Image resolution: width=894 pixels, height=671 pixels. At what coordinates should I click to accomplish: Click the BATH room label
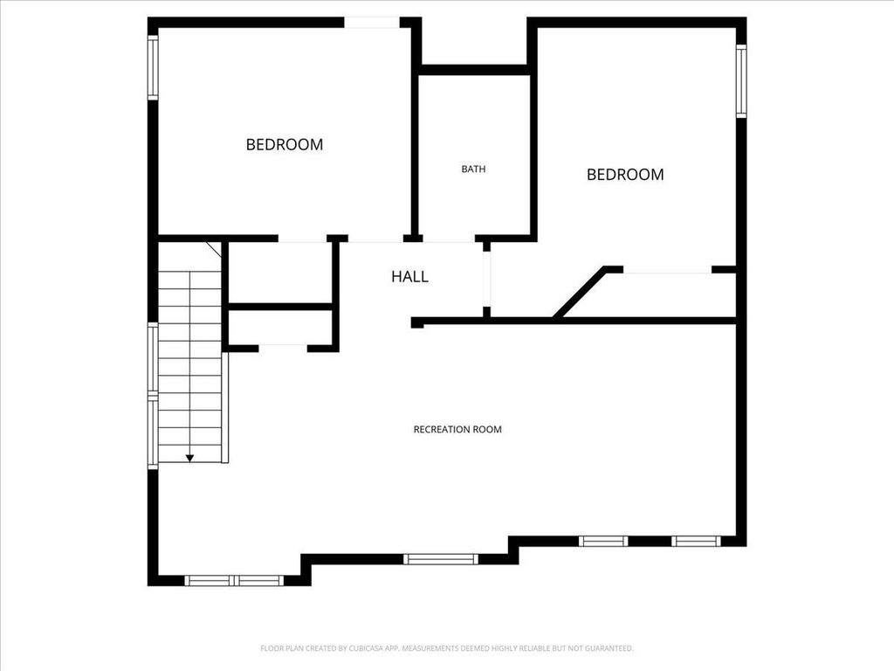pyautogui.click(x=473, y=169)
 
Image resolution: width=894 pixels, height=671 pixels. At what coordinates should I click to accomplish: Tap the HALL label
pyautogui.click(x=409, y=277)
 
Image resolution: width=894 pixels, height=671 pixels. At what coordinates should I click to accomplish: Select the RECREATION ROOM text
pyautogui.click(x=457, y=429)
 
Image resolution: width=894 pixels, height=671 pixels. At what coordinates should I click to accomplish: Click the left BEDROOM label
pyautogui.click(x=285, y=144)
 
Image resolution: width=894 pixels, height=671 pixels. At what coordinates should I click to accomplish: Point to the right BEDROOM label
pyautogui.click(x=625, y=175)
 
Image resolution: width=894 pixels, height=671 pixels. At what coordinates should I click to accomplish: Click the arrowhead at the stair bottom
pyautogui.click(x=189, y=458)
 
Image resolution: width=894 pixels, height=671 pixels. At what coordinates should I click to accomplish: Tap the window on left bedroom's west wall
pyautogui.click(x=153, y=67)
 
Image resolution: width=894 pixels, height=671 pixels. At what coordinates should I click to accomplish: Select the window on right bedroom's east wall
pyautogui.click(x=740, y=81)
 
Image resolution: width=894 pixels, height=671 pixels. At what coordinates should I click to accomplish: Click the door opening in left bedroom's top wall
pyautogui.click(x=372, y=23)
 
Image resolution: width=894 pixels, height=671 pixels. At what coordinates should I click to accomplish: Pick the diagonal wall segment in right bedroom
pyautogui.click(x=580, y=292)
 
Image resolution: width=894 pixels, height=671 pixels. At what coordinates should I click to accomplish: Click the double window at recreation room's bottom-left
pyautogui.click(x=234, y=581)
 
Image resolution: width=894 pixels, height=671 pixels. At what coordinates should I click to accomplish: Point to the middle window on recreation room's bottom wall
pyautogui.click(x=440, y=559)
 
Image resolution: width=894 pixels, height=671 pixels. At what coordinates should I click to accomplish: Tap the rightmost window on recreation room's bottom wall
pyautogui.click(x=696, y=541)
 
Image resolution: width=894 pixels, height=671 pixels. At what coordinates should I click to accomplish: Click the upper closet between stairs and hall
pyautogui.click(x=280, y=273)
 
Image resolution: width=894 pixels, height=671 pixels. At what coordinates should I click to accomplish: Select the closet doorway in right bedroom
pyautogui.click(x=668, y=270)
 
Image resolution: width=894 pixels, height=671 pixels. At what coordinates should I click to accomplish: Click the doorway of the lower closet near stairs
pyautogui.click(x=284, y=349)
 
